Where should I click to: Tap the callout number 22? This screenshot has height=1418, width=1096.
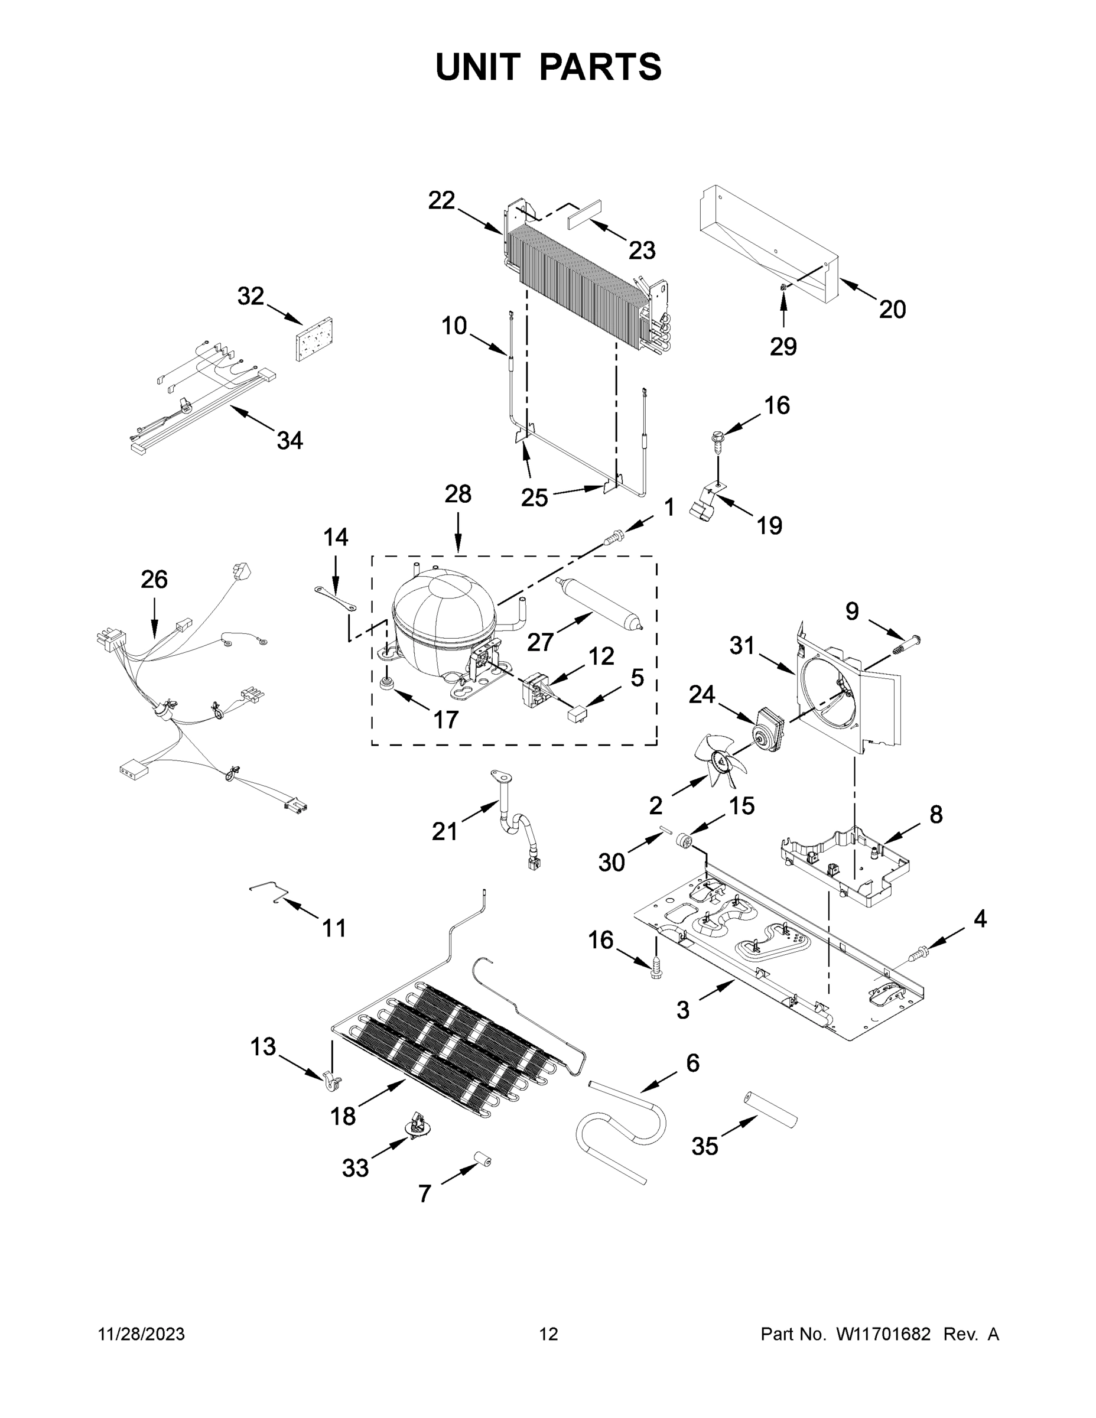pyautogui.click(x=441, y=201)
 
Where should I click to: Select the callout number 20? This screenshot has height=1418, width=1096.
pyautogui.click(x=892, y=310)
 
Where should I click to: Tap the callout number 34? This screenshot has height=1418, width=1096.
pyautogui.click(x=290, y=441)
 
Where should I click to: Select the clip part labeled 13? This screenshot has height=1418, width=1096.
pyautogui.click(x=332, y=1079)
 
